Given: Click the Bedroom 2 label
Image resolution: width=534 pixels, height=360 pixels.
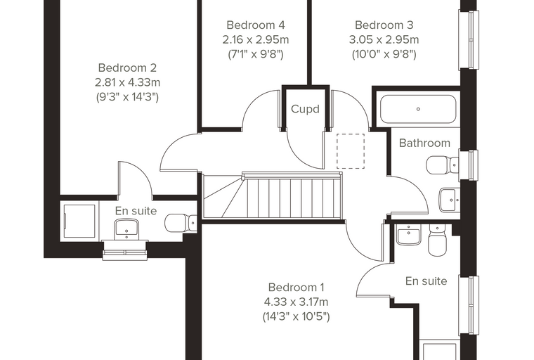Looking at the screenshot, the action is [x=127, y=67].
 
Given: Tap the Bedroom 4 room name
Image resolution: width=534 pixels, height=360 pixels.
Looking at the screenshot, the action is [x=256, y=25].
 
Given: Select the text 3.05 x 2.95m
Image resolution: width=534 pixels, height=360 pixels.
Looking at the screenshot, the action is [x=384, y=39].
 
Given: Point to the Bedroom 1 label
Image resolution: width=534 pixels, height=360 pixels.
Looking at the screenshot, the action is [x=296, y=288].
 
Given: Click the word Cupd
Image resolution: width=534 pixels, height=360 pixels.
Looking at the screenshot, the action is [x=305, y=109].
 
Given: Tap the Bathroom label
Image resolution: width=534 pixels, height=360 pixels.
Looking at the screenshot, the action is [x=424, y=143].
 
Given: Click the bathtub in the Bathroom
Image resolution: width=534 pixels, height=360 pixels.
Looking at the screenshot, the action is [x=418, y=109].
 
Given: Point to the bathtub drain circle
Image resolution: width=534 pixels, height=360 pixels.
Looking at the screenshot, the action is [x=418, y=109].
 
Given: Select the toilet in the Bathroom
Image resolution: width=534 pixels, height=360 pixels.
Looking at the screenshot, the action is [x=443, y=165].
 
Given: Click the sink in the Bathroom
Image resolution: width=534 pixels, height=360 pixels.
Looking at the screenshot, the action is [x=449, y=200].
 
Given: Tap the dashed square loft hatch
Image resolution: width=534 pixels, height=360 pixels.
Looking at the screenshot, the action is [x=351, y=151].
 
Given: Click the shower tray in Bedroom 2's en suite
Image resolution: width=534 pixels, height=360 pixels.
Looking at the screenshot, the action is [x=79, y=221].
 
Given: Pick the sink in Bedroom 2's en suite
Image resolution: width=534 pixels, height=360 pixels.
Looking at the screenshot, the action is [x=126, y=229].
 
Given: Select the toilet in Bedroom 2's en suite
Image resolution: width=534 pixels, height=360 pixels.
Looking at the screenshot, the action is [x=181, y=224].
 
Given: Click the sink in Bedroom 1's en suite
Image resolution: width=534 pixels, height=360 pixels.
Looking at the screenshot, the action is [x=409, y=235].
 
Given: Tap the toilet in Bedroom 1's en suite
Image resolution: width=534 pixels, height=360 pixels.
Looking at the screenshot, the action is [x=437, y=240].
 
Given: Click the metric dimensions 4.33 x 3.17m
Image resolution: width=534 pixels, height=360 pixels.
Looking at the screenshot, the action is [x=296, y=302].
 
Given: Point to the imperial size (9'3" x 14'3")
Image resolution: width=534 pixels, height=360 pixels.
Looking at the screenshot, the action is [x=127, y=97].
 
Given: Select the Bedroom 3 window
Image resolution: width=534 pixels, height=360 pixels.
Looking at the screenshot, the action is [x=469, y=40].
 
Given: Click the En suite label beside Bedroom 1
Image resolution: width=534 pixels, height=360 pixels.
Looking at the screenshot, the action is [x=426, y=281].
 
